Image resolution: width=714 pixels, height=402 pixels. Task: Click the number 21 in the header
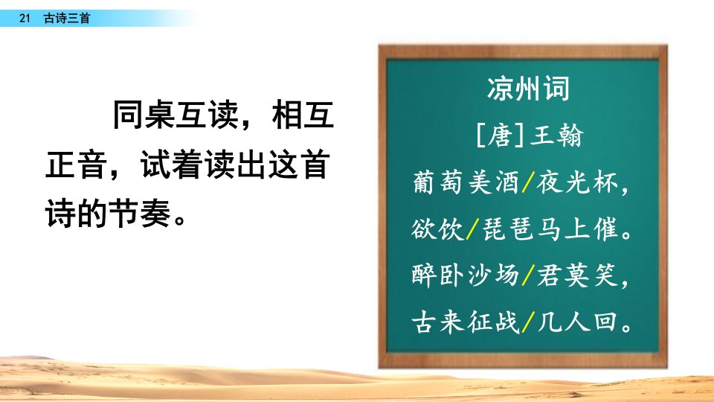(25, 18)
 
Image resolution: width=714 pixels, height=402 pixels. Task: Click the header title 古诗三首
(67, 18)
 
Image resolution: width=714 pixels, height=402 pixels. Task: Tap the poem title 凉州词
(528, 89)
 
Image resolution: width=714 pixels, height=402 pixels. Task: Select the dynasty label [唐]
(500, 135)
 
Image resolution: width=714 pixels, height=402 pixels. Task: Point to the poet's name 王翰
(557, 135)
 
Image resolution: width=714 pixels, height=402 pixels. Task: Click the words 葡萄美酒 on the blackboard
(466, 183)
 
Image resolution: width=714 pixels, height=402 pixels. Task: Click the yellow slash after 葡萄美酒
(528, 183)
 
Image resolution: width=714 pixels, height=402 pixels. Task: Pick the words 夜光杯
(577, 183)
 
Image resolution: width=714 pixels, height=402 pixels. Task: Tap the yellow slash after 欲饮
(473, 229)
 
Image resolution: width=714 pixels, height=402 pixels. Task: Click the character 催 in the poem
(605, 229)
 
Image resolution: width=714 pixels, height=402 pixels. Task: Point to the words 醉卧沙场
(466, 275)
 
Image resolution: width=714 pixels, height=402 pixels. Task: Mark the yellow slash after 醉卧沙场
(528, 275)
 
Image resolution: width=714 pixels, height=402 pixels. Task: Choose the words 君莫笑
(577, 275)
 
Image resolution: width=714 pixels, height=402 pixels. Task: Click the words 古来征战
(466, 322)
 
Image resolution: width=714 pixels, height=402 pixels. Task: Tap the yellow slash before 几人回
(528, 322)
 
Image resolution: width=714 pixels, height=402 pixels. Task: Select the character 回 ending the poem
(605, 322)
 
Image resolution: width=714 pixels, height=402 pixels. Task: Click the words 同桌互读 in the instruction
(176, 115)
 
